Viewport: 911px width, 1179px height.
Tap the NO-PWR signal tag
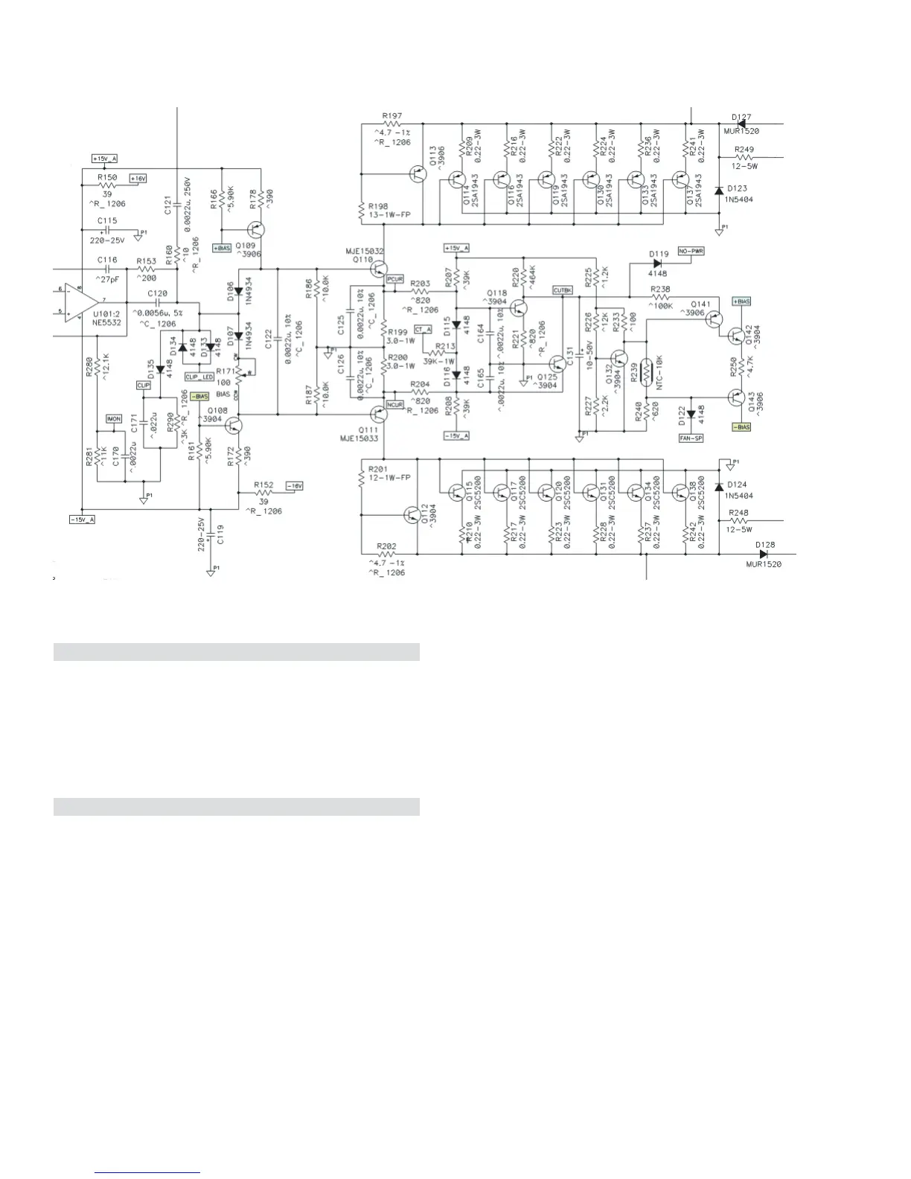pyautogui.click(x=690, y=252)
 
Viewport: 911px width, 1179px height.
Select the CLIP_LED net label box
pyautogui.click(x=199, y=377)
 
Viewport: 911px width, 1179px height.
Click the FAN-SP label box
pyautogui.click(x=691, y=438)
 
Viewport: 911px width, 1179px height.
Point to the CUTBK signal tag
pyautogui.click(x=562, y=290)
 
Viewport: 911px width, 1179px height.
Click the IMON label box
pyautogui.click(x=113, y=419)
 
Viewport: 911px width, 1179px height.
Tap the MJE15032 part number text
pyautogui.click(x=365, y=252)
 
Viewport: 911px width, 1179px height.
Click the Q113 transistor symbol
pyautogui.click(x=418, y=174)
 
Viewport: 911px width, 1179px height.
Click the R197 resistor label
pyautogui.click(x=391, y=115)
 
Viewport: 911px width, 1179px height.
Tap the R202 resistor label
pyautogui.click(x=387, y=546)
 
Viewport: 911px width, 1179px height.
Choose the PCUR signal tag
pyautogui.click(x=395, y=278)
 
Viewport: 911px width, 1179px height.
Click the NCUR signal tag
pyautogui.click(x=395, y=404)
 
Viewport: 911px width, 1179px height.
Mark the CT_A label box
pyautogui.click(x=423, y=328)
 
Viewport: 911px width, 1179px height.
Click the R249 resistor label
pyautogui.click(x=744, y=150)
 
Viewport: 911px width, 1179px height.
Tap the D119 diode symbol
pyautogui.click(x=657, y=263)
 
